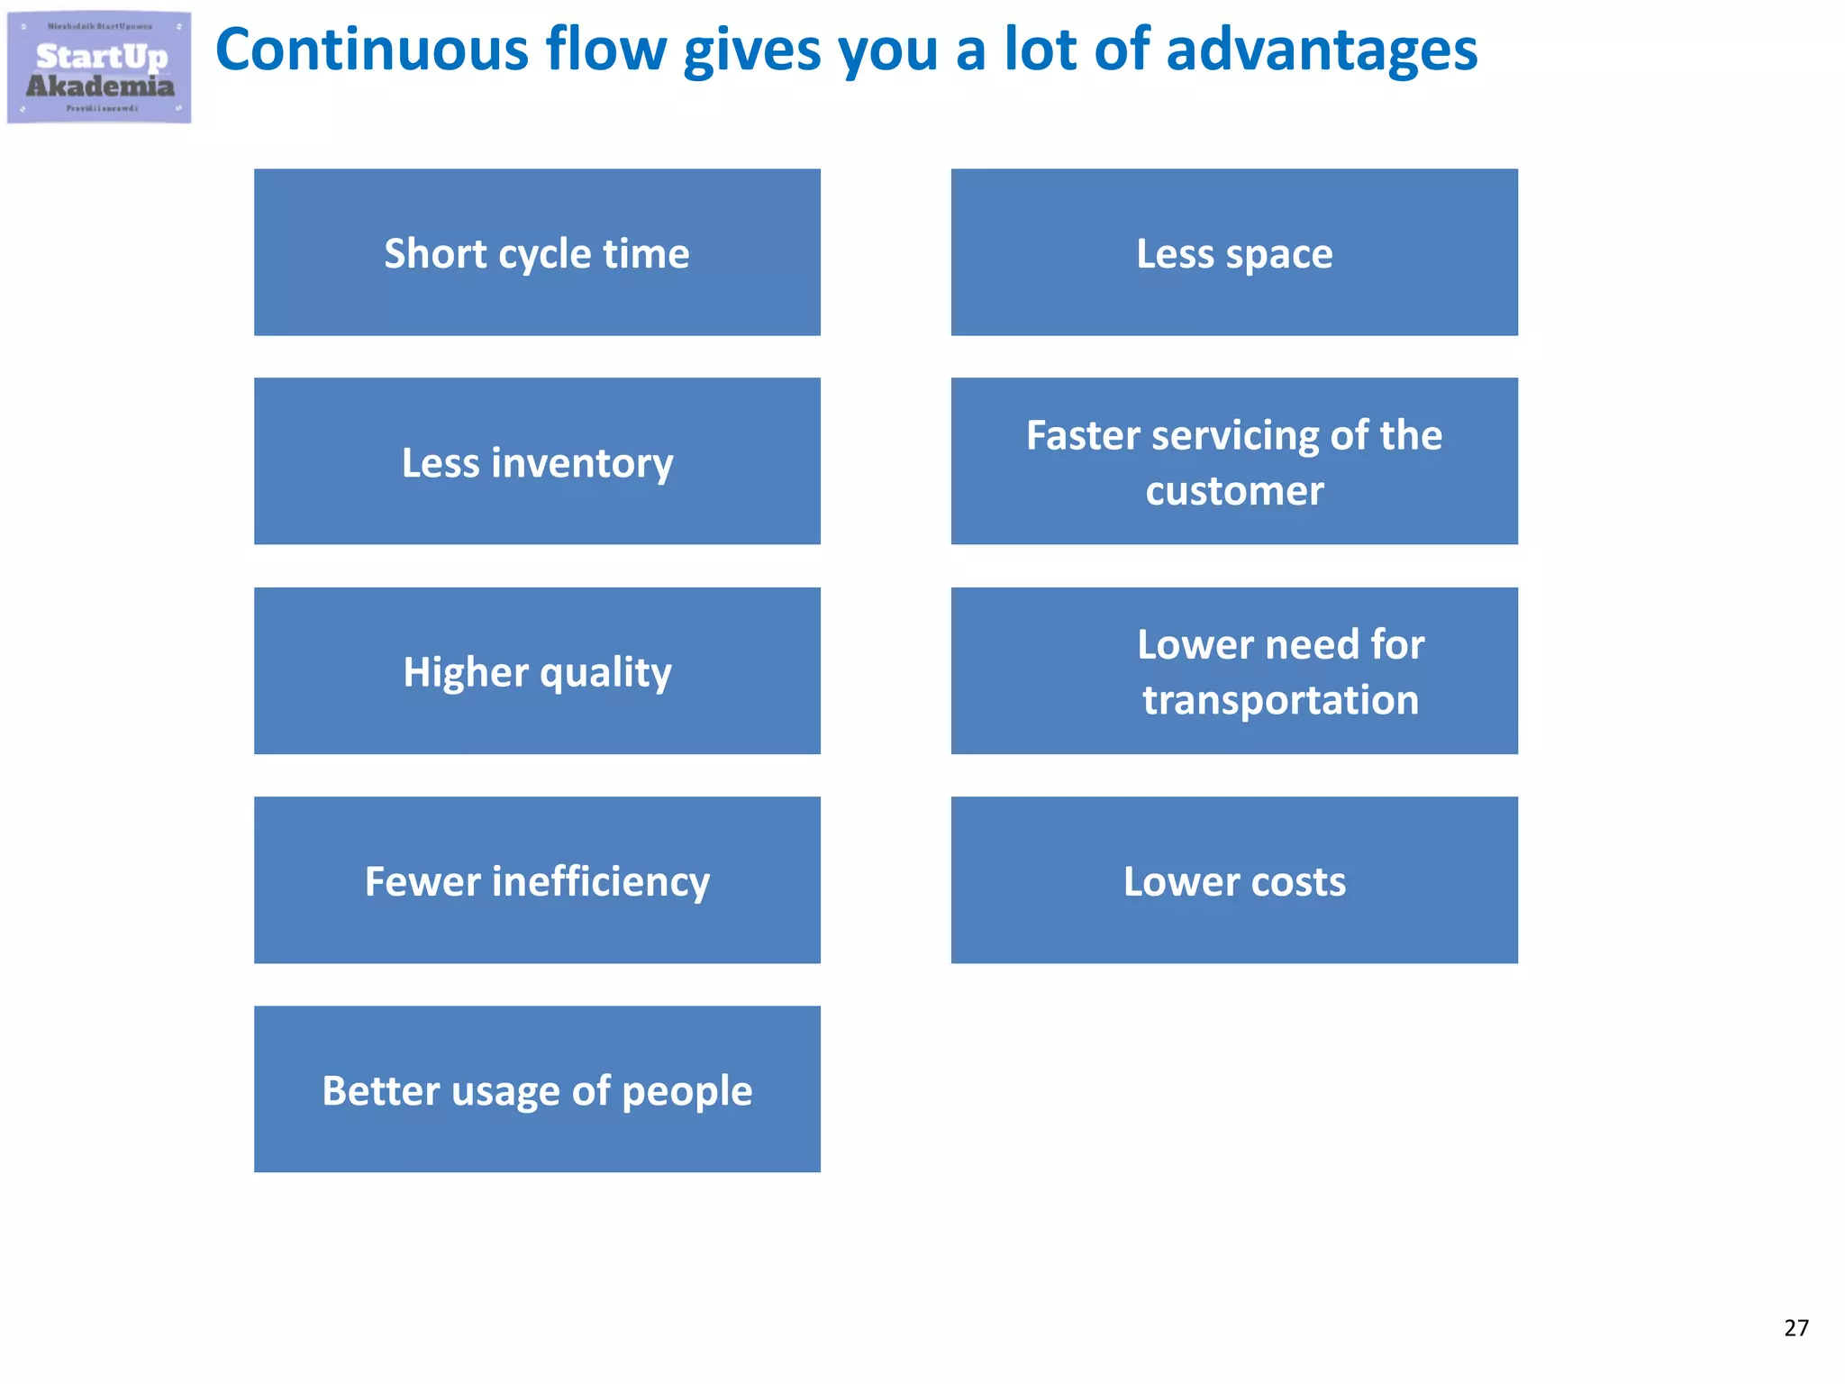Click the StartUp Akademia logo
[99, 68]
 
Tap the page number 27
[1795, 1328]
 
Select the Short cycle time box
[537, 252]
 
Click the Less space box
[1234, 252]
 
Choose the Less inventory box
[537, 461]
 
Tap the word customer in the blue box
[1234, 491]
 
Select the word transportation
[1280, 700]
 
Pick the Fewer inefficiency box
[537, 880]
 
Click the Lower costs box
[1234, 880]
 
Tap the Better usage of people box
[537, 1089]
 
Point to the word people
[686, 1092]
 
